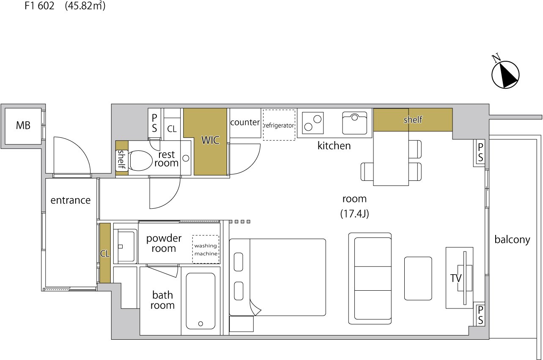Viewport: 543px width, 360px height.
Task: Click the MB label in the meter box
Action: point(23,125)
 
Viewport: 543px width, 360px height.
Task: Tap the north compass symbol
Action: point(505,74)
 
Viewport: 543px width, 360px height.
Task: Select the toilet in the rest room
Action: point(140,161)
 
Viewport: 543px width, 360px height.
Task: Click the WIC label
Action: point(210,140)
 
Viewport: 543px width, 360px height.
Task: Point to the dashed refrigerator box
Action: point(279,125)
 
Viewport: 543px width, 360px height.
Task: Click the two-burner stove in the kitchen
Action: point(313,123)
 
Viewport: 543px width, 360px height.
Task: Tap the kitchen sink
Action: point(354,123)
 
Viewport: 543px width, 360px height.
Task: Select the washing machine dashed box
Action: point(206,249)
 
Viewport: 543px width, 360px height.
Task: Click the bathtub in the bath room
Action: point(200,301)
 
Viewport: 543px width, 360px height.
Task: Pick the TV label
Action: point(456,278)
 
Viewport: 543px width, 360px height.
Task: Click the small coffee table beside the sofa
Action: point(418,278)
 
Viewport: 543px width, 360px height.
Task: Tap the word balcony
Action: point(512,240)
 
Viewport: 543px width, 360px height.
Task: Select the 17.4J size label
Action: point(354,214)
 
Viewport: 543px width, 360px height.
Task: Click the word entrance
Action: point(70,200)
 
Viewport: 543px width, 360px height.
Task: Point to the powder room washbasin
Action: point(126,246)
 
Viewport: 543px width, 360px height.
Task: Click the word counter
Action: point(245,123)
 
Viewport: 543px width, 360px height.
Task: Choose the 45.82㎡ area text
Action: point(85,6)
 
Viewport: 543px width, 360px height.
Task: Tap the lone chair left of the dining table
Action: point(367,172)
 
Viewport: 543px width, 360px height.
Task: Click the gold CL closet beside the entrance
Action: point(105,253)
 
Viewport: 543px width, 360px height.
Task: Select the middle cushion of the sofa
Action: point(373,278)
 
